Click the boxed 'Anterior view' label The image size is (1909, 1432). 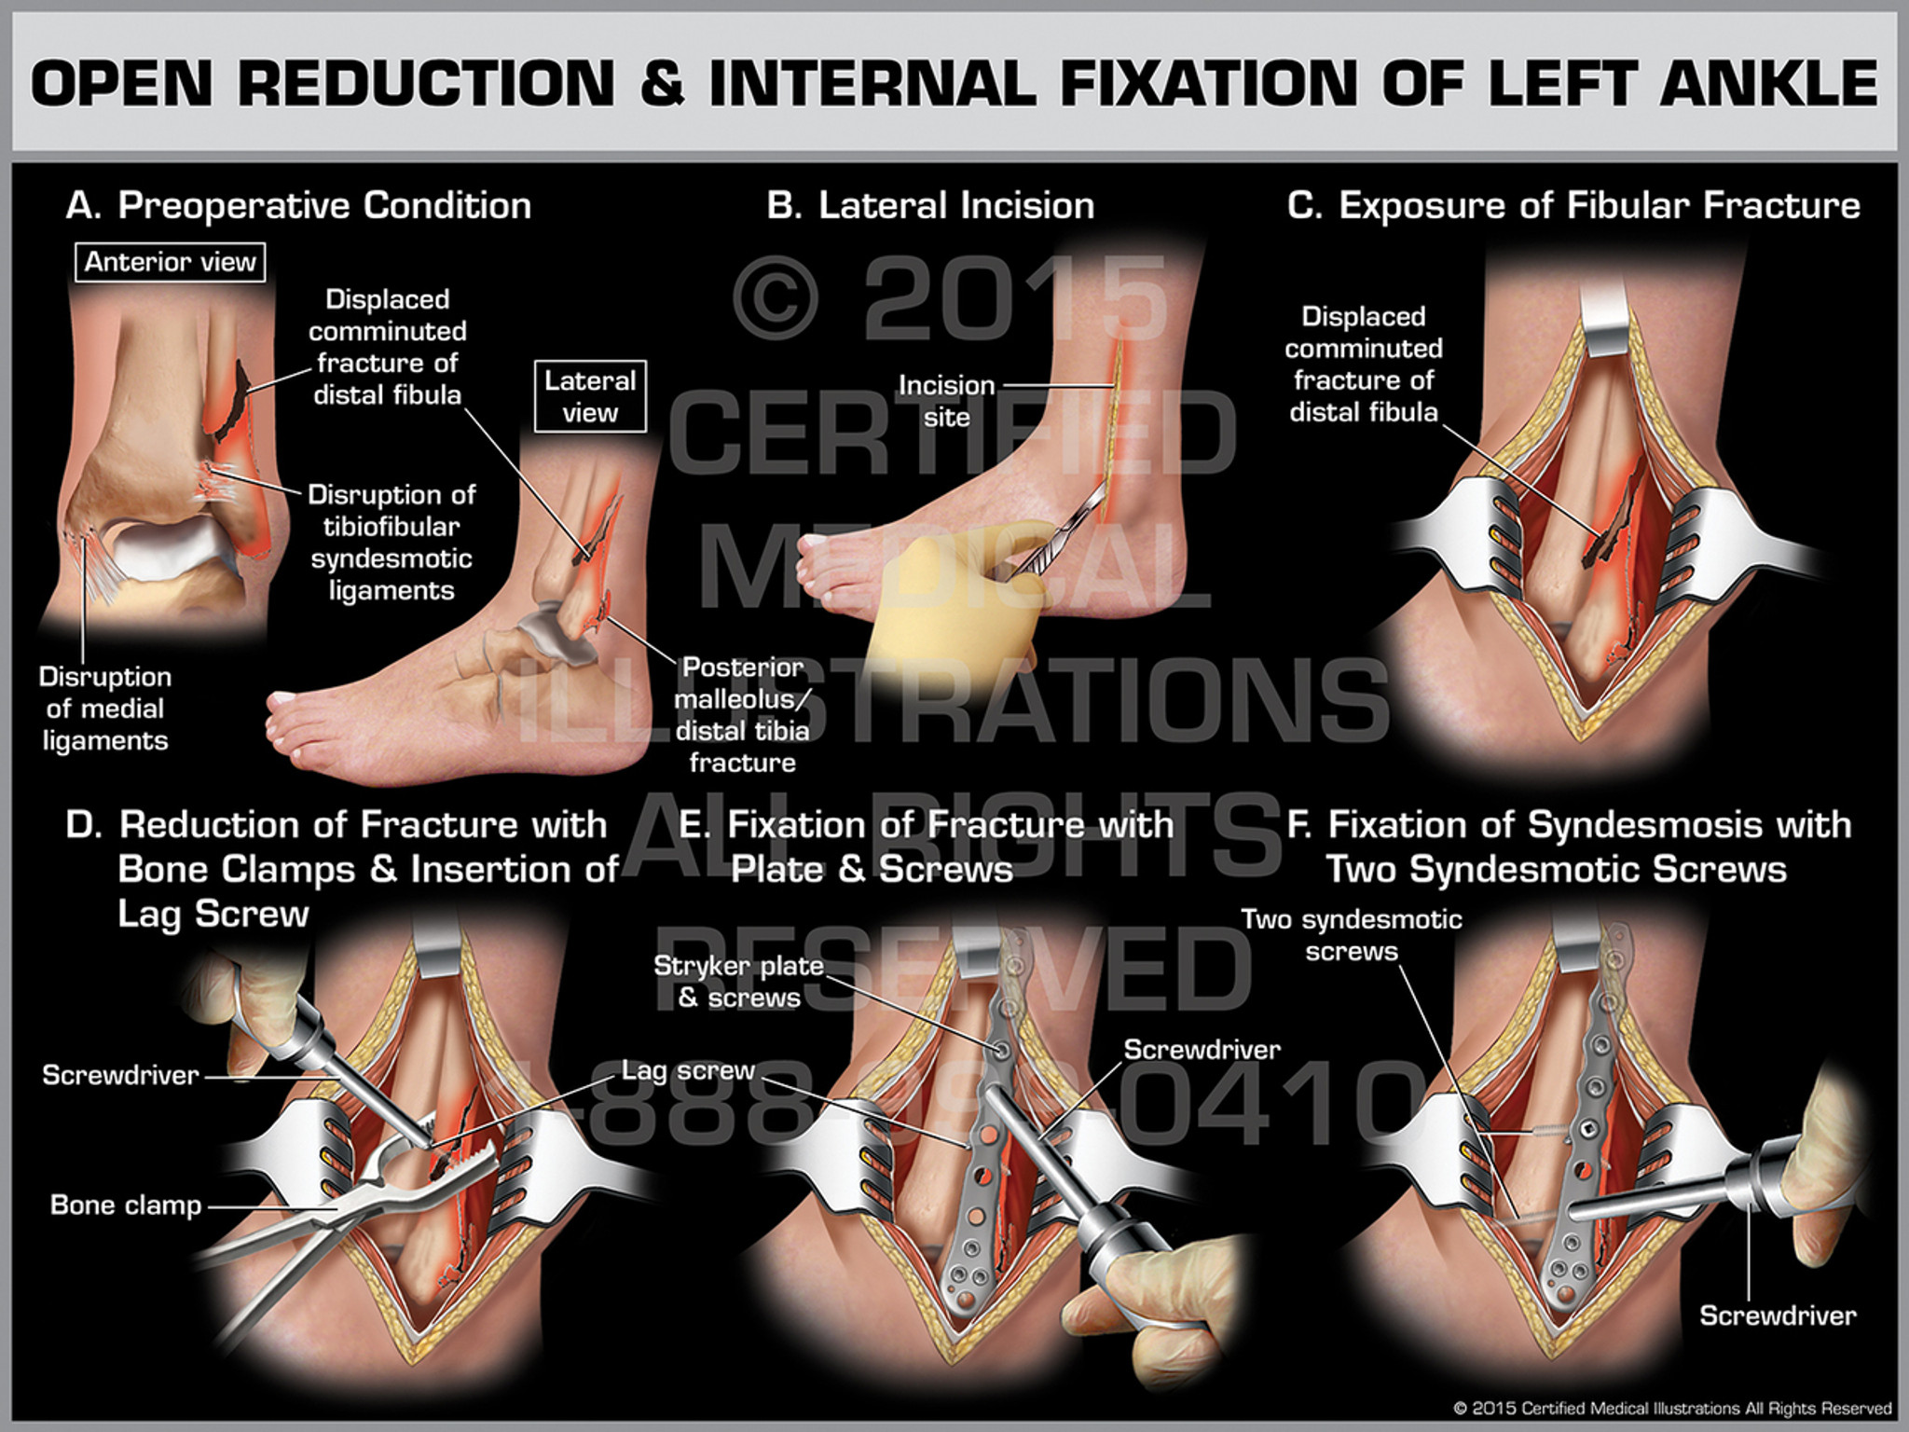pos(171,262)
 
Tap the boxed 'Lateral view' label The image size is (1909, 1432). pos(590,396)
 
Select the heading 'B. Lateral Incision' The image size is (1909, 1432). pos(930,206)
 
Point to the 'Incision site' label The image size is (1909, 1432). pos(946,401)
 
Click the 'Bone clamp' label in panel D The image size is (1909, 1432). pos(126,1205)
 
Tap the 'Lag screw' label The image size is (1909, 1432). pos(688,1070)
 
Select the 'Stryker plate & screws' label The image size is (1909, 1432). pos(739,982)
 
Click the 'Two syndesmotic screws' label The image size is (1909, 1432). pos(1352,935)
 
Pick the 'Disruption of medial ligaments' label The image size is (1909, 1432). pos(105,709)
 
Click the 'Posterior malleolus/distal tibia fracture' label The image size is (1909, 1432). pos(743,715)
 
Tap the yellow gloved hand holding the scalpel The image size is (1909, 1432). pos(951,606)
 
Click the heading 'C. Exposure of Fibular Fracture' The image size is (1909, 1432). pos(1573,206)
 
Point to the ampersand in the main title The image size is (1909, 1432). pos(662,84)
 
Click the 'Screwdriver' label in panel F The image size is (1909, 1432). pos(1778,1315)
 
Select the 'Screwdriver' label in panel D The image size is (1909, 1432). pos(121,1075)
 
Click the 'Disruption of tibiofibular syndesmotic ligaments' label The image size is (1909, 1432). pos(391,543)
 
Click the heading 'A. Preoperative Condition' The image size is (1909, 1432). pos(298,206)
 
